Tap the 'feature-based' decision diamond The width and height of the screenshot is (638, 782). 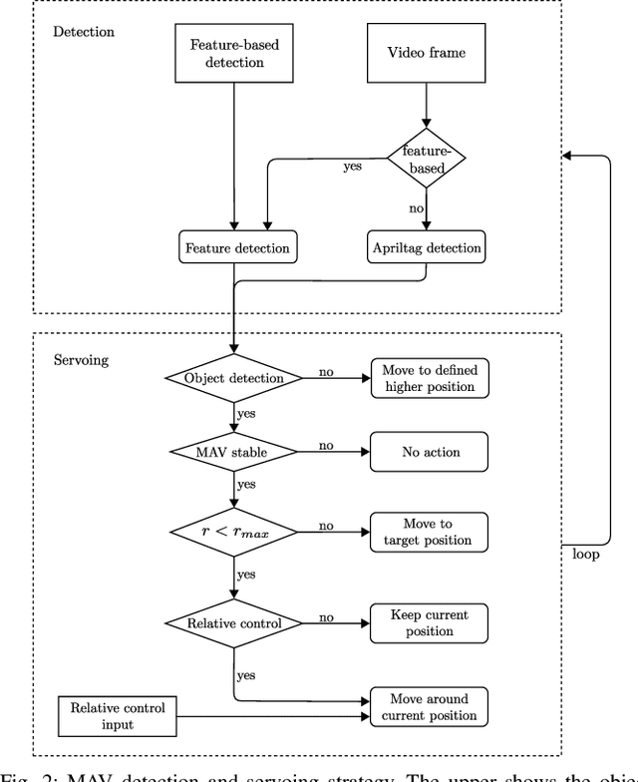426,157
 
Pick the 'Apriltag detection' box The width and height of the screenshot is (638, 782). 426,247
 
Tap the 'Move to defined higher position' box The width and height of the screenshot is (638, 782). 429,378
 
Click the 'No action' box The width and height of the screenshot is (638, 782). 429,452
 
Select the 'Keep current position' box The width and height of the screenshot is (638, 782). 429,623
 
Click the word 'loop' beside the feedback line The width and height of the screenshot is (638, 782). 586,553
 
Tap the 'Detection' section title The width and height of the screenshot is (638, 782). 83,31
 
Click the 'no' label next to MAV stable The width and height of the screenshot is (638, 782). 326,445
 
